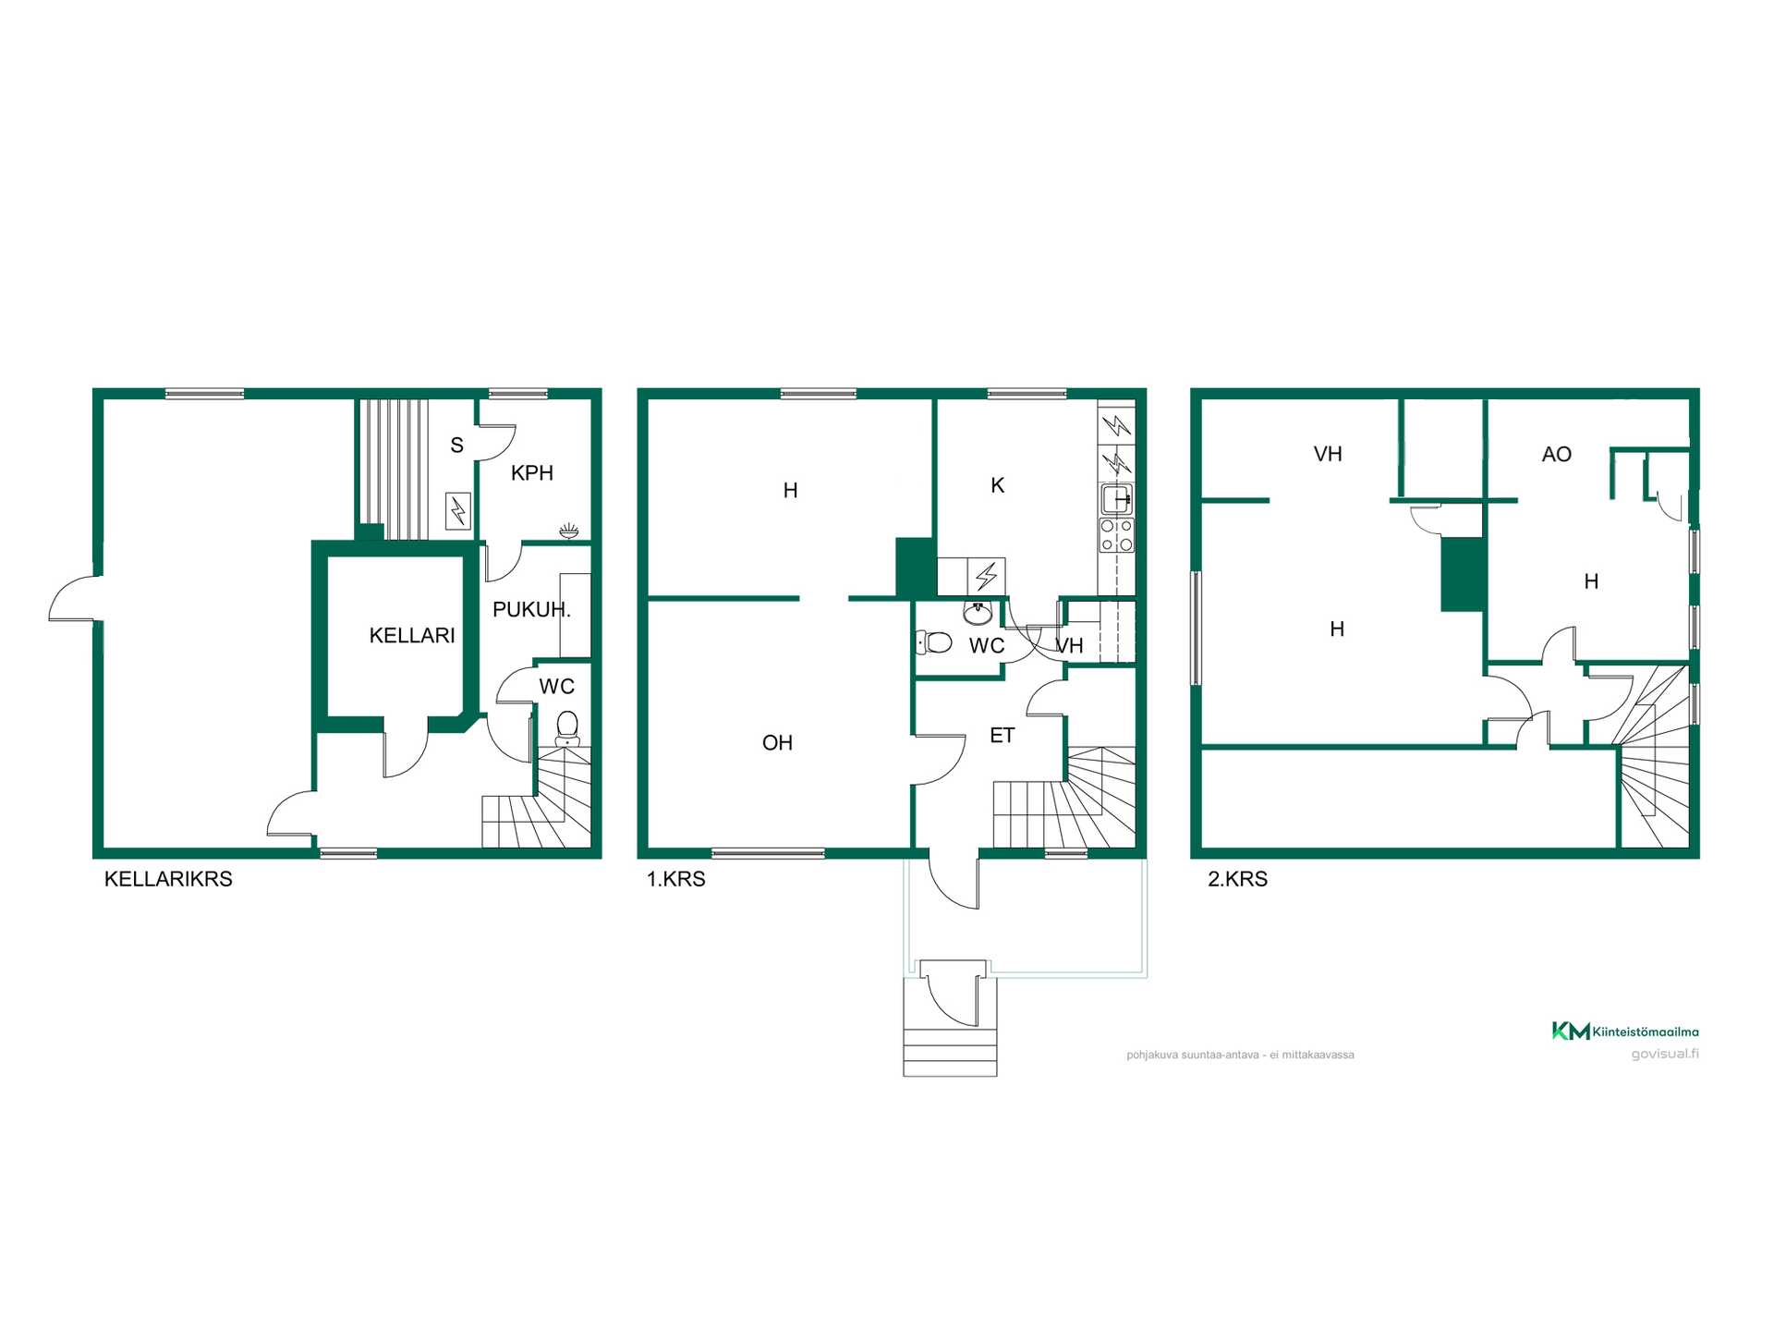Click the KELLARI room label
pos(412,636)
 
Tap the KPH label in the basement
pos(532,473)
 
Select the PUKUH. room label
pos(531,610)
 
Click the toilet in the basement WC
pos(567,728)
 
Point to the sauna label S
pos(456,446)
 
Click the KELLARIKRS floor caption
pos(168,879)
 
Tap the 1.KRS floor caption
pos(675,879)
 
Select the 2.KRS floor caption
pos(1237,879)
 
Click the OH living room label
pos(777,743)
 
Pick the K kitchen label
pos(997,486)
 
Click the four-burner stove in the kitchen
pos(1116,535)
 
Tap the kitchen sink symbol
pos(1116,500)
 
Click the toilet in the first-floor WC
pos(934,642)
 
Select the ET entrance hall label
pos(1002,736)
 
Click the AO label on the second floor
pos(1557,455)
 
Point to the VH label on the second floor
pos(1328,455)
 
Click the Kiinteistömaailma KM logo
pos(1625,1031)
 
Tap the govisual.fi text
pos(1665,1054)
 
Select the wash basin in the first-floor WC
pos(978,612)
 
